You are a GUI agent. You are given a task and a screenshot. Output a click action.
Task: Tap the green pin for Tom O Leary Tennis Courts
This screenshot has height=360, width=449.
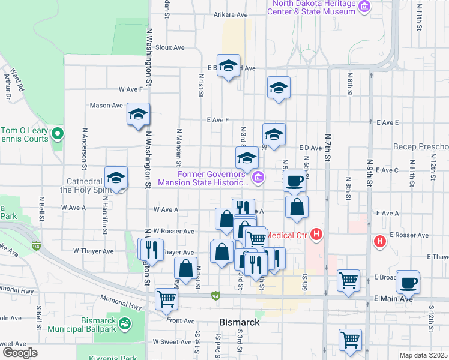57,133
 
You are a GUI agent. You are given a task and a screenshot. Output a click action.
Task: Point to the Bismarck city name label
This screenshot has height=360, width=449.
240,322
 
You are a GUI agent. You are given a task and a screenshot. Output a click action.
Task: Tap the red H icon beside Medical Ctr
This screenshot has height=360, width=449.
318,235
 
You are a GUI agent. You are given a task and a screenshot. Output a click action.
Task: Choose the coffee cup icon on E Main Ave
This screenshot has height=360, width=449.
409,281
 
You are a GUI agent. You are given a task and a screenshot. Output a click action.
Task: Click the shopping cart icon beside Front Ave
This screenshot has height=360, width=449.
166,298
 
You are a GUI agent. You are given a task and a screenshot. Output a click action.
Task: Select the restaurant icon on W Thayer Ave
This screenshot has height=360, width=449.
152,248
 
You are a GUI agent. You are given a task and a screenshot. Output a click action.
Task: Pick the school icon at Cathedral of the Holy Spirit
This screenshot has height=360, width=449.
116,178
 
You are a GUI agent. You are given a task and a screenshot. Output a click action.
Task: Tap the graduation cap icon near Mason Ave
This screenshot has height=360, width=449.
138,114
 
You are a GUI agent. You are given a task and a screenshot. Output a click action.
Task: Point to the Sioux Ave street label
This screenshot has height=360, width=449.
170,47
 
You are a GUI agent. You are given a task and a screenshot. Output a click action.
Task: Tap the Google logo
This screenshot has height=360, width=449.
20,353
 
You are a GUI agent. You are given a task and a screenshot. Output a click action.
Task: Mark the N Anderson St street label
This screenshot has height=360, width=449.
85,149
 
